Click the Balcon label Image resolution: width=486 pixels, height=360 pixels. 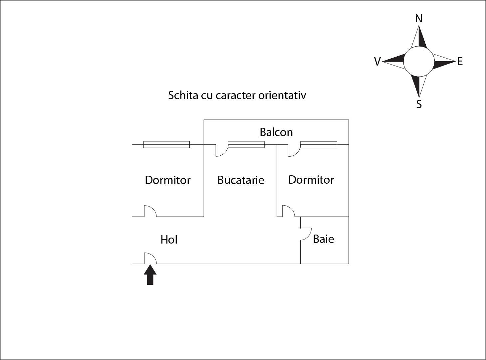pyautogui.click(x=276, y=132)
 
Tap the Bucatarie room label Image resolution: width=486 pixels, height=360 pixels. pyautogui.click(x=241, y=180)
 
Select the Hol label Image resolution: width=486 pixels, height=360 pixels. pyautogui.click(x=169, y=240)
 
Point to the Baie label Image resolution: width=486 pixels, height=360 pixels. pyautogui.click(x=324, y=239)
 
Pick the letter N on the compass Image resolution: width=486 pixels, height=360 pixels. pyautogui.click(x=419, y=19)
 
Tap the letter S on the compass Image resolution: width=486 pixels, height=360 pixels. pyautogui.click(x=419, y=104)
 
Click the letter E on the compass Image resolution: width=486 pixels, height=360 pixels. pyautogui.click(x=460, y=62)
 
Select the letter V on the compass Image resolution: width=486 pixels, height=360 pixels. pyautogui.click(x=377, y=62)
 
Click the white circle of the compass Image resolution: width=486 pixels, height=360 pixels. pyautogui.click(x=419, y=62)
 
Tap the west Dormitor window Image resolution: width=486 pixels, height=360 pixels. pyautogui.click(x=166, y=144)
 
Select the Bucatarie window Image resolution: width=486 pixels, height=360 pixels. pyautogui.click(x=246, y=144)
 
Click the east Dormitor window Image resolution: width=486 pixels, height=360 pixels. pyautogui.click(x=319, y=144)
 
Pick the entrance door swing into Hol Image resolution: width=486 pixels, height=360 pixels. pyautogui.click(x=149, y=258)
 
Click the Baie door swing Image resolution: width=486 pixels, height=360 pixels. pyautogui.click(x=305, y=234)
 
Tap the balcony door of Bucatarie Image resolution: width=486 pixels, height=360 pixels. pyautogui.click(x=221, y=150)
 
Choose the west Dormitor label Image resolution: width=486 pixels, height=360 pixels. pyautogui.click(x=168, y=180)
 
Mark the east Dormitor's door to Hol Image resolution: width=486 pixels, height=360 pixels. pyautogui.click(x=288, y=211)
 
